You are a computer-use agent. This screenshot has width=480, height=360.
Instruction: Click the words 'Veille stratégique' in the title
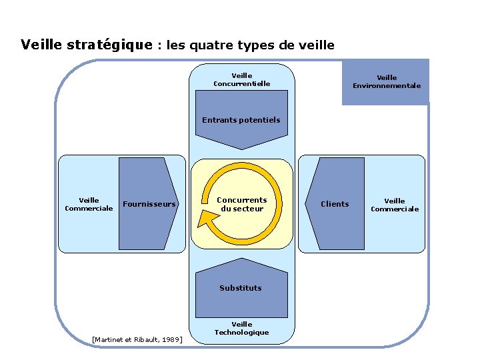pos(87,45)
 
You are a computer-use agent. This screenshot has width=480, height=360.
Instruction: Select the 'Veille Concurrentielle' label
pos(241,80)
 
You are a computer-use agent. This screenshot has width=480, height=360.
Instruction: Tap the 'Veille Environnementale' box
pos(386,81)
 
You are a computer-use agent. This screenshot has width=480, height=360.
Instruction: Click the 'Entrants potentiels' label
pos(241,120)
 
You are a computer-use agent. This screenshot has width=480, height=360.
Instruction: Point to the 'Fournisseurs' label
pos(150,204)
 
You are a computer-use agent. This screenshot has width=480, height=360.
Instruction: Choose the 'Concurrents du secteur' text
pos(241,204)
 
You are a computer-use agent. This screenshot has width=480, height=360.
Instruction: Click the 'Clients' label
pos(335,204)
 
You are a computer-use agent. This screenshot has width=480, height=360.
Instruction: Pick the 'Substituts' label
pos(241,288)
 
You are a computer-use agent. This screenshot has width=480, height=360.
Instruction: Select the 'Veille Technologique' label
pos(241,328)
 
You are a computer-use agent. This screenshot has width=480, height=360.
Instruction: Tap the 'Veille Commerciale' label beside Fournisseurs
pos(89,204)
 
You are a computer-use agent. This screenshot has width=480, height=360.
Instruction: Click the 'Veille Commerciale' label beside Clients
pos(395,205)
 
